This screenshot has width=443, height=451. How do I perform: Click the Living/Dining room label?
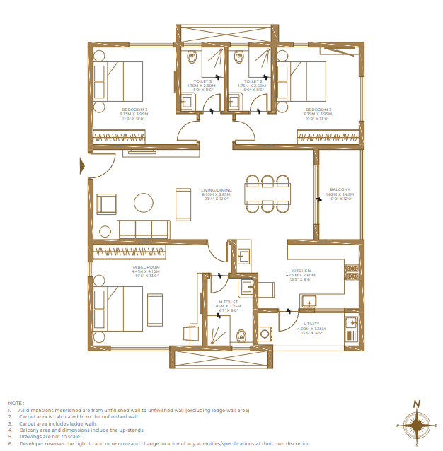216,189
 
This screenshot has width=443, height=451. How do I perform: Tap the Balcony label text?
340,189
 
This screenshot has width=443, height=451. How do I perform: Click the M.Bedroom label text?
145,267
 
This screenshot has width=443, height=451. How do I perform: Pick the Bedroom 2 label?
318,110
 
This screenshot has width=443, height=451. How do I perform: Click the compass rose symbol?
418,425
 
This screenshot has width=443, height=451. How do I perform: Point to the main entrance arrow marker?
83,166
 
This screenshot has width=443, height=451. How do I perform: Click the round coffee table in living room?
144,203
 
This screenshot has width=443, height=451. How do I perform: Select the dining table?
267,193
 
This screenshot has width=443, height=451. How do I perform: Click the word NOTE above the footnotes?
16,402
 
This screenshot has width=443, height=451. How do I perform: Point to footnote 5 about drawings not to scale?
50,436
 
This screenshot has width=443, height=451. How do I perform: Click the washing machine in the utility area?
266,334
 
